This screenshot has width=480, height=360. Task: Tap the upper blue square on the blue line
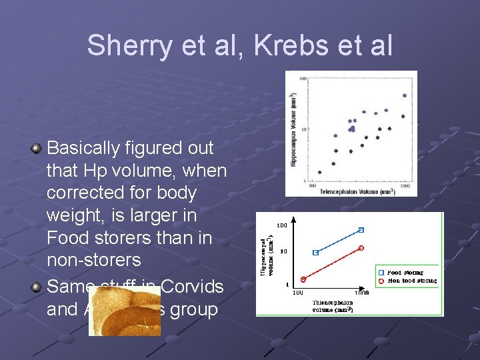click(361, 230)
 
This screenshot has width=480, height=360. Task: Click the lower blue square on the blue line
click(315, 253)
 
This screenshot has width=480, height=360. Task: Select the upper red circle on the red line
click(361, 248)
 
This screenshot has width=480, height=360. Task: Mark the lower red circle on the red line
click(303, 279)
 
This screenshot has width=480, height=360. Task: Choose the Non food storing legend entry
click(408, 281)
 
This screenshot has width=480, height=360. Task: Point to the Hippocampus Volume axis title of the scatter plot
click(293, 130)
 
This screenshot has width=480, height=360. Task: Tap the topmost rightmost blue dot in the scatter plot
click(404, 95)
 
